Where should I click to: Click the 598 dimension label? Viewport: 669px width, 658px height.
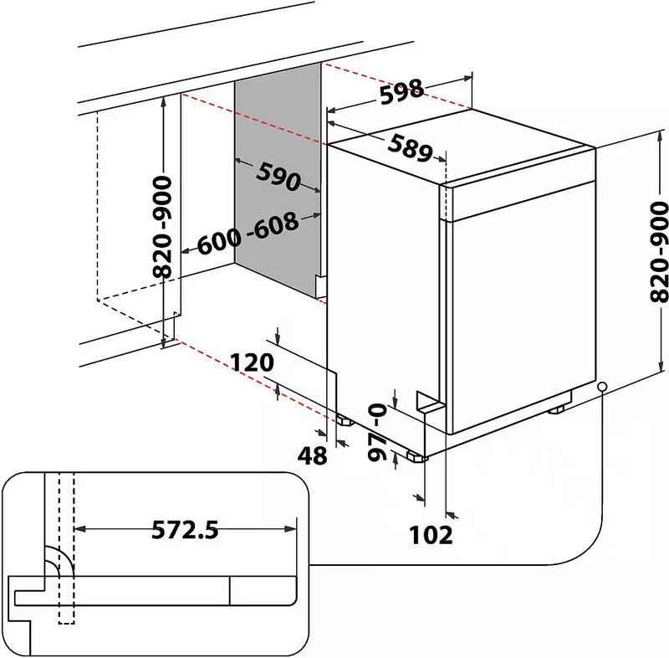point(402,93)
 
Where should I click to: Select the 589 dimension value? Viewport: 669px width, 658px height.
point(410,147)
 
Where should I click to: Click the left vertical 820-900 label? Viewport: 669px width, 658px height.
point(164,226)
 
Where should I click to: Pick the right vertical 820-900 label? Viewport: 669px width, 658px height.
point(659,251)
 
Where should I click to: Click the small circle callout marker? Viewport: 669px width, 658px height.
point(602,386)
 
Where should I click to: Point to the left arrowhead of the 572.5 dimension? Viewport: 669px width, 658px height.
point(80,529)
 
